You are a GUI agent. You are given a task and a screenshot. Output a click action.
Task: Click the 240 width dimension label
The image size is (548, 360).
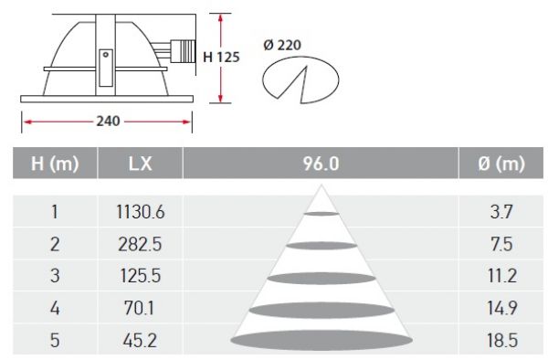pos(108,122)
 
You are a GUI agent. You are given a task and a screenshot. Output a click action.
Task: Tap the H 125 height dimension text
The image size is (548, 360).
pos(221,57)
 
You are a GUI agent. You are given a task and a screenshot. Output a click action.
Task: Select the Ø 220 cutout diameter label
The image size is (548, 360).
pos(282,45)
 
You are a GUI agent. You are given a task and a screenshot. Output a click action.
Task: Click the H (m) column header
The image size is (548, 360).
pos(55,164)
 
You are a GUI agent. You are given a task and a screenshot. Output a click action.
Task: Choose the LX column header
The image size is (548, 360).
pos(140,164)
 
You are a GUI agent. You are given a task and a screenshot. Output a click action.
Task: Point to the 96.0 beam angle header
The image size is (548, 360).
pos(321,164)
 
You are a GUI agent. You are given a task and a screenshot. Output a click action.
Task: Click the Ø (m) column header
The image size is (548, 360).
pos(501,164)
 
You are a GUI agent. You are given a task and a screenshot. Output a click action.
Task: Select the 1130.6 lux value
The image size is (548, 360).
pos(140,212)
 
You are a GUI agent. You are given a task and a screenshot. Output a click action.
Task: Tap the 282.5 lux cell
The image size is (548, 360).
pos(140,244)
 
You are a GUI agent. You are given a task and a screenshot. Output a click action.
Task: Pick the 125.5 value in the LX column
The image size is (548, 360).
pos(141,276)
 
